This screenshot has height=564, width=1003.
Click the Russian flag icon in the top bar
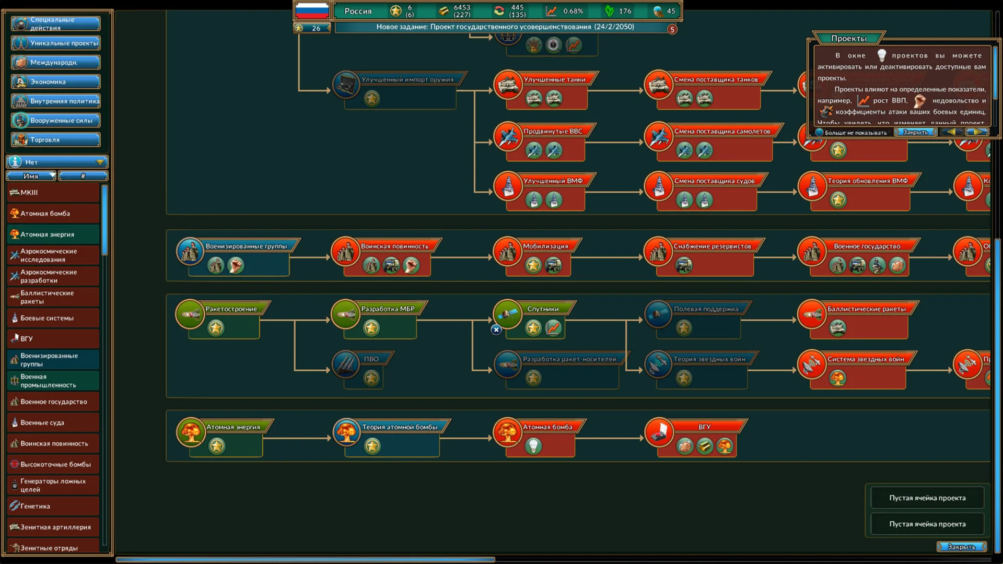point(312,10)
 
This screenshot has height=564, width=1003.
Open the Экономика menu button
point(56,82)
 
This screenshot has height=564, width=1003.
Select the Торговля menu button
point(56,140)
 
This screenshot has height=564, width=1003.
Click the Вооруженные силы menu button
point(56,121)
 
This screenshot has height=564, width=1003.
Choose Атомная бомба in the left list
point(53,214)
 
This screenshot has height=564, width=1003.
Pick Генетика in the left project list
point(53,506)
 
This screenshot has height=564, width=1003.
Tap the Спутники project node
point(542,309)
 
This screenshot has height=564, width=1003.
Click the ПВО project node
point(370,359)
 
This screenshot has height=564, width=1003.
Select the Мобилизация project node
point(545,246)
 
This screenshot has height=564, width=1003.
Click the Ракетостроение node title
point(231,309)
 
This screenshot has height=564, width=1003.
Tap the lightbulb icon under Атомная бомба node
point(533,446)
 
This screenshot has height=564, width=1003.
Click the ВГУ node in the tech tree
point(703,427)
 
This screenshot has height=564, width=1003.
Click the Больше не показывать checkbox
point(820,133)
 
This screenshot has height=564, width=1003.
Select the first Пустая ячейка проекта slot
point(927,498)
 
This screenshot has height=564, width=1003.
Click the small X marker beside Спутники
point(496,330)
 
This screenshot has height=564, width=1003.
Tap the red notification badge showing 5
point(672,30)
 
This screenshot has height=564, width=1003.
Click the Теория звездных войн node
point(708,359)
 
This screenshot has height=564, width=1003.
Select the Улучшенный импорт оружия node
point(407,80)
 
